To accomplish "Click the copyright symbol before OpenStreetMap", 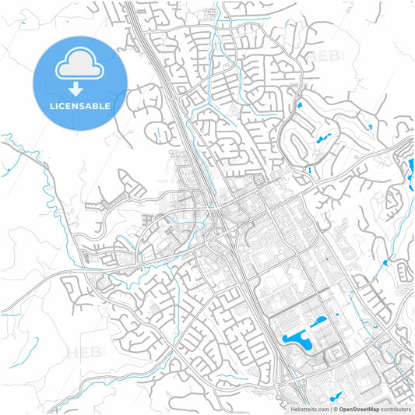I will (x=336, y=407).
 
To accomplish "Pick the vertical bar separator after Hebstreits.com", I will (x=331, y=407).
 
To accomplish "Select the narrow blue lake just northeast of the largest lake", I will (x=319, y=322).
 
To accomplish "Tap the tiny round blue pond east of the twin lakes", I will (x=337, y=315).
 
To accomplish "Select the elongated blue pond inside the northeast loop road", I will (x=320, y=139).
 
